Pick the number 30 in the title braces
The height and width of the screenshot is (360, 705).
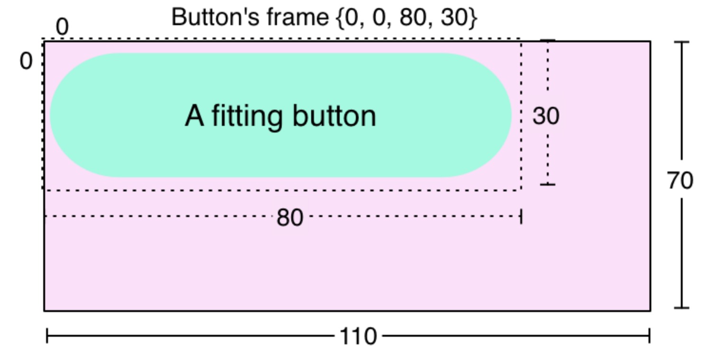pos(454,18)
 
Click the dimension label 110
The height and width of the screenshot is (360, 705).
pos(358,337)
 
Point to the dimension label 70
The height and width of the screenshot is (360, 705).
pos(680,180)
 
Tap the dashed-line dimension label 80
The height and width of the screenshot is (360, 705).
pos(290,218)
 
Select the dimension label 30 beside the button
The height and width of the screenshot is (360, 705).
pos(546,116)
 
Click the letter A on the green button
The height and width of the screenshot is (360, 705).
pos(194,116)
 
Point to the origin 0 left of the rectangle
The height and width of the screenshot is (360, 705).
pos(26,62)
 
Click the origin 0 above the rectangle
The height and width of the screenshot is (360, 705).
pos(62,27)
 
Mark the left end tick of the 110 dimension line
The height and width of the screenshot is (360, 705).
pos(47,336)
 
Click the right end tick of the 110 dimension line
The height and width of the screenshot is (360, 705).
pos(649,336)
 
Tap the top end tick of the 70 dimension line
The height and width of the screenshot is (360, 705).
pos(682,42)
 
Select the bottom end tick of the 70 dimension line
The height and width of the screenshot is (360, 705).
pos(682,308)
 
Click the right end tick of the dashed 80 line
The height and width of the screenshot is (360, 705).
pos(521,217)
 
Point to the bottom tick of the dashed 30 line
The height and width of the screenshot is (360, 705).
pos(548,184)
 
